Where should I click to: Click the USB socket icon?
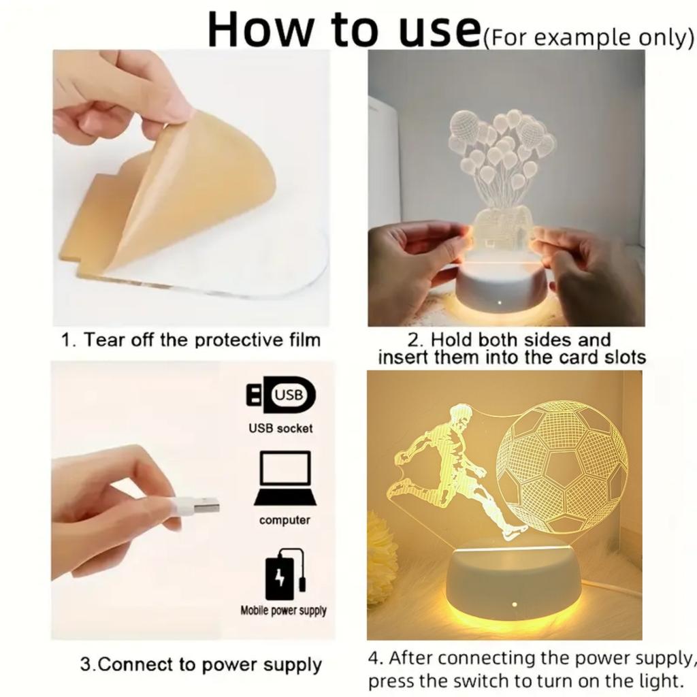(x=280, y=395)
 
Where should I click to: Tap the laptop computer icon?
(x=285, y=479)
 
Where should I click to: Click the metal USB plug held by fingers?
(x=202, y=506)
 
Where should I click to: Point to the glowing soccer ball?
(x=562, y=467)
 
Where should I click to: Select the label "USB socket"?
(x=280, y=428)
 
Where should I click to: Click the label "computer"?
(x=285, y=521)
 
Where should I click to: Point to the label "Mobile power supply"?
(x=283, y=611)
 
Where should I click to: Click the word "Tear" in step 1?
(x=102, y=340)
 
